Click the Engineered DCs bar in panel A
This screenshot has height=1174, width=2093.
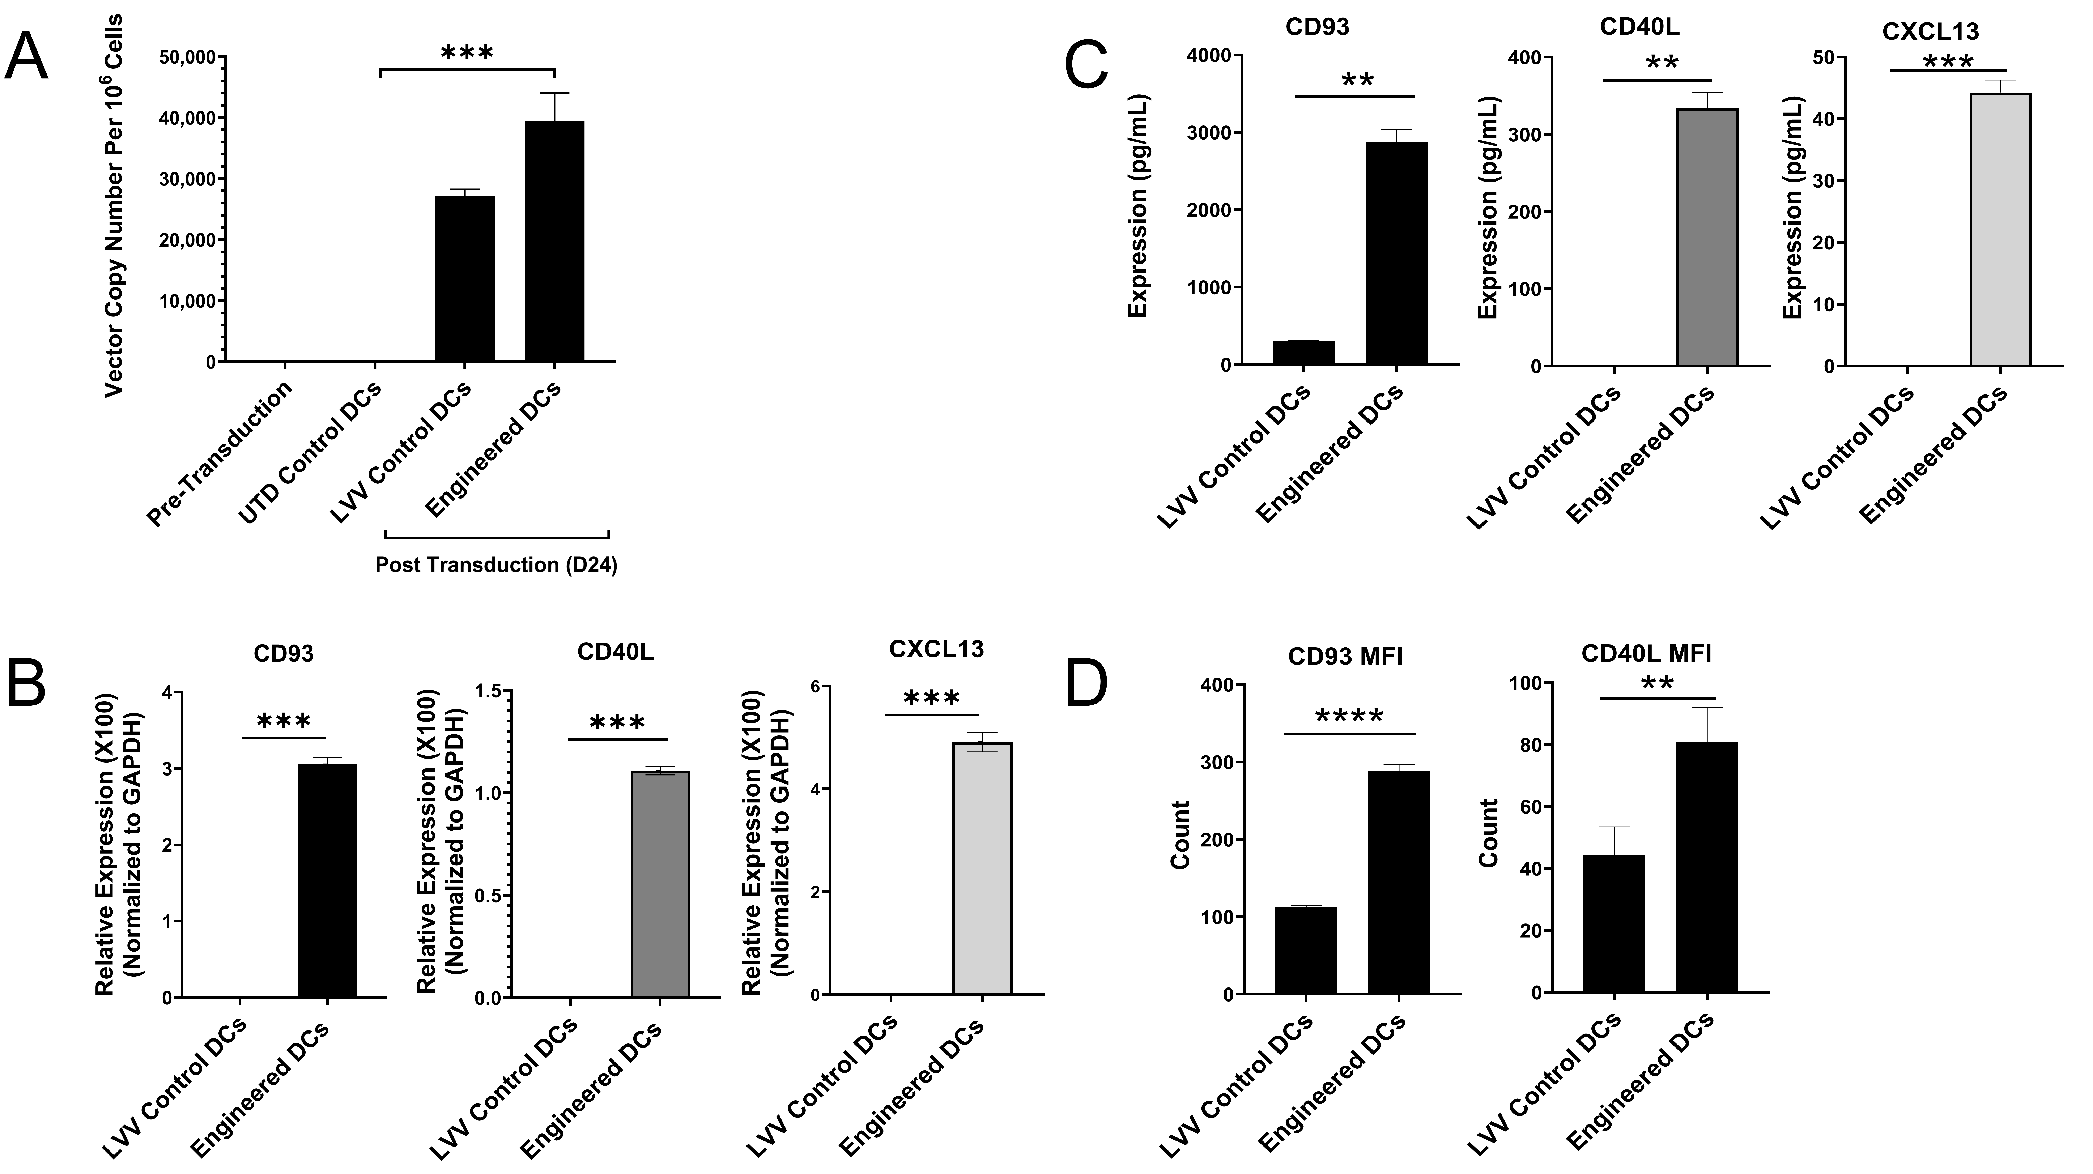pos(554,242)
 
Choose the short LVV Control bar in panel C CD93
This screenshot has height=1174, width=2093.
pos(1303,353)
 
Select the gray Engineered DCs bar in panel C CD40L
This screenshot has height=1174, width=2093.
pos(1707,237)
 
